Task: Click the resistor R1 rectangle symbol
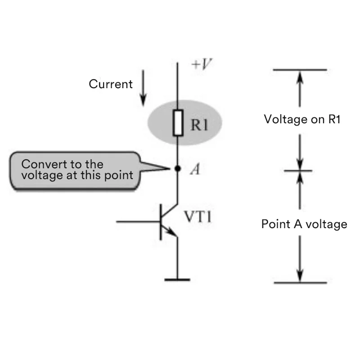coord(178,123)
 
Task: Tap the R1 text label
coord(199,125)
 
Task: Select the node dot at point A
coord(178,168)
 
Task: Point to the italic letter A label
coord(195,170)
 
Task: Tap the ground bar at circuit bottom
coord(177,280)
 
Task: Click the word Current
coord(111,84)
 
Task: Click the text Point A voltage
coord(304,224)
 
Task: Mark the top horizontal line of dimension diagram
coord(300,70)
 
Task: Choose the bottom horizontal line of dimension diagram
coord(300,283)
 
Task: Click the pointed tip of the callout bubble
coord(171,169)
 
